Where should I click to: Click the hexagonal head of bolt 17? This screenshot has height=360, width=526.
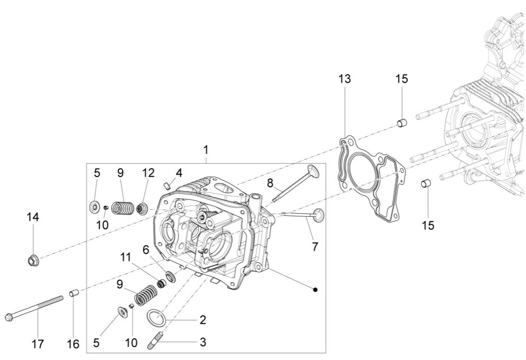[9, 317]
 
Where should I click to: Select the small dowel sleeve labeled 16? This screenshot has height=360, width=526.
[73, 294]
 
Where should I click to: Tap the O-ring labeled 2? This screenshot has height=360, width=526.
[156, 317]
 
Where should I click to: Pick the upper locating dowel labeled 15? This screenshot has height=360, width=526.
[401, 123]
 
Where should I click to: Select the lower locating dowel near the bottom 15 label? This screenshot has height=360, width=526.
[426, 183]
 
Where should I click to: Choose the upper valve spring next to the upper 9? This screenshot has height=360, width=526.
[122, 208]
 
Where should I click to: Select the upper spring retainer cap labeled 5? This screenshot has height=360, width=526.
[94, 208]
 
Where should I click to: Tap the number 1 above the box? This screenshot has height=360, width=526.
[206, 150]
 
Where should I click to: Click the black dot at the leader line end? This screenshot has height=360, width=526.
[315, 289]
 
